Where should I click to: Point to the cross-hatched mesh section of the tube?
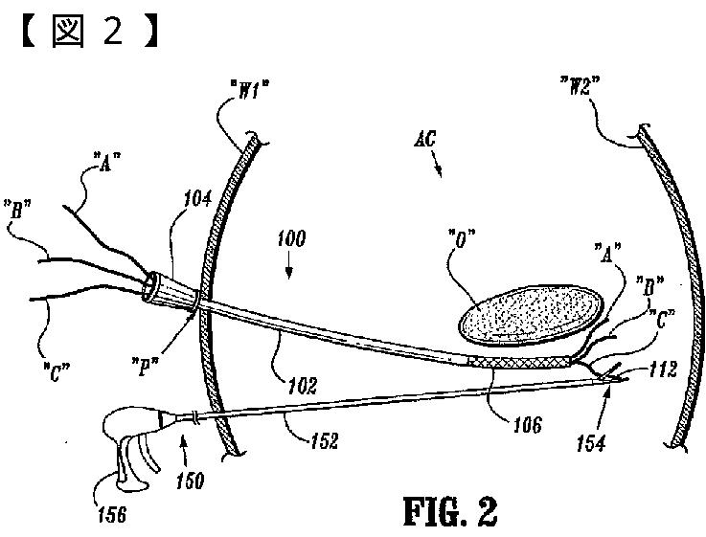[x=522, y=362]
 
